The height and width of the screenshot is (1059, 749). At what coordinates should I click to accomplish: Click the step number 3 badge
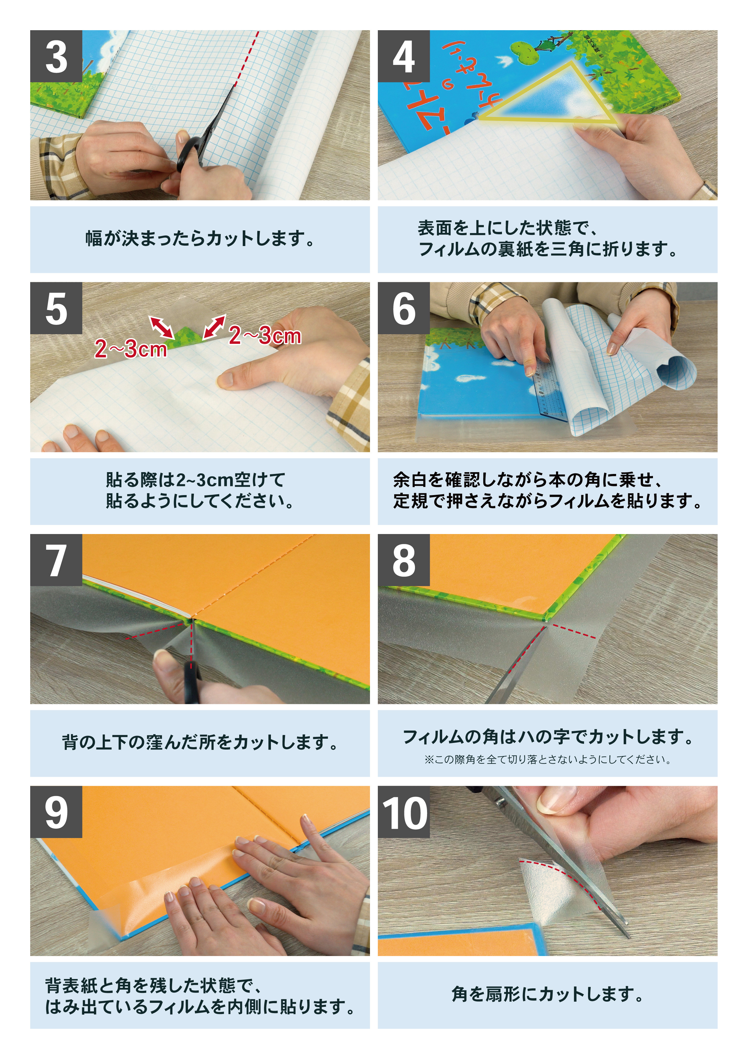56,56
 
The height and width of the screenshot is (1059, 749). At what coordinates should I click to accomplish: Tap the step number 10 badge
403,812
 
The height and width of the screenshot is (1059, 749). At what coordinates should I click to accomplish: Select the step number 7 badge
56,560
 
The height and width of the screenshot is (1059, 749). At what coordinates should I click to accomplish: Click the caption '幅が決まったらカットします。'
200,239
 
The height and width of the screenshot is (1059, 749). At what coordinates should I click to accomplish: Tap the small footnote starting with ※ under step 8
547,760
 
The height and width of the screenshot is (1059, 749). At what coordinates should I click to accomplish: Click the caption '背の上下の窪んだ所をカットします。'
200,743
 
